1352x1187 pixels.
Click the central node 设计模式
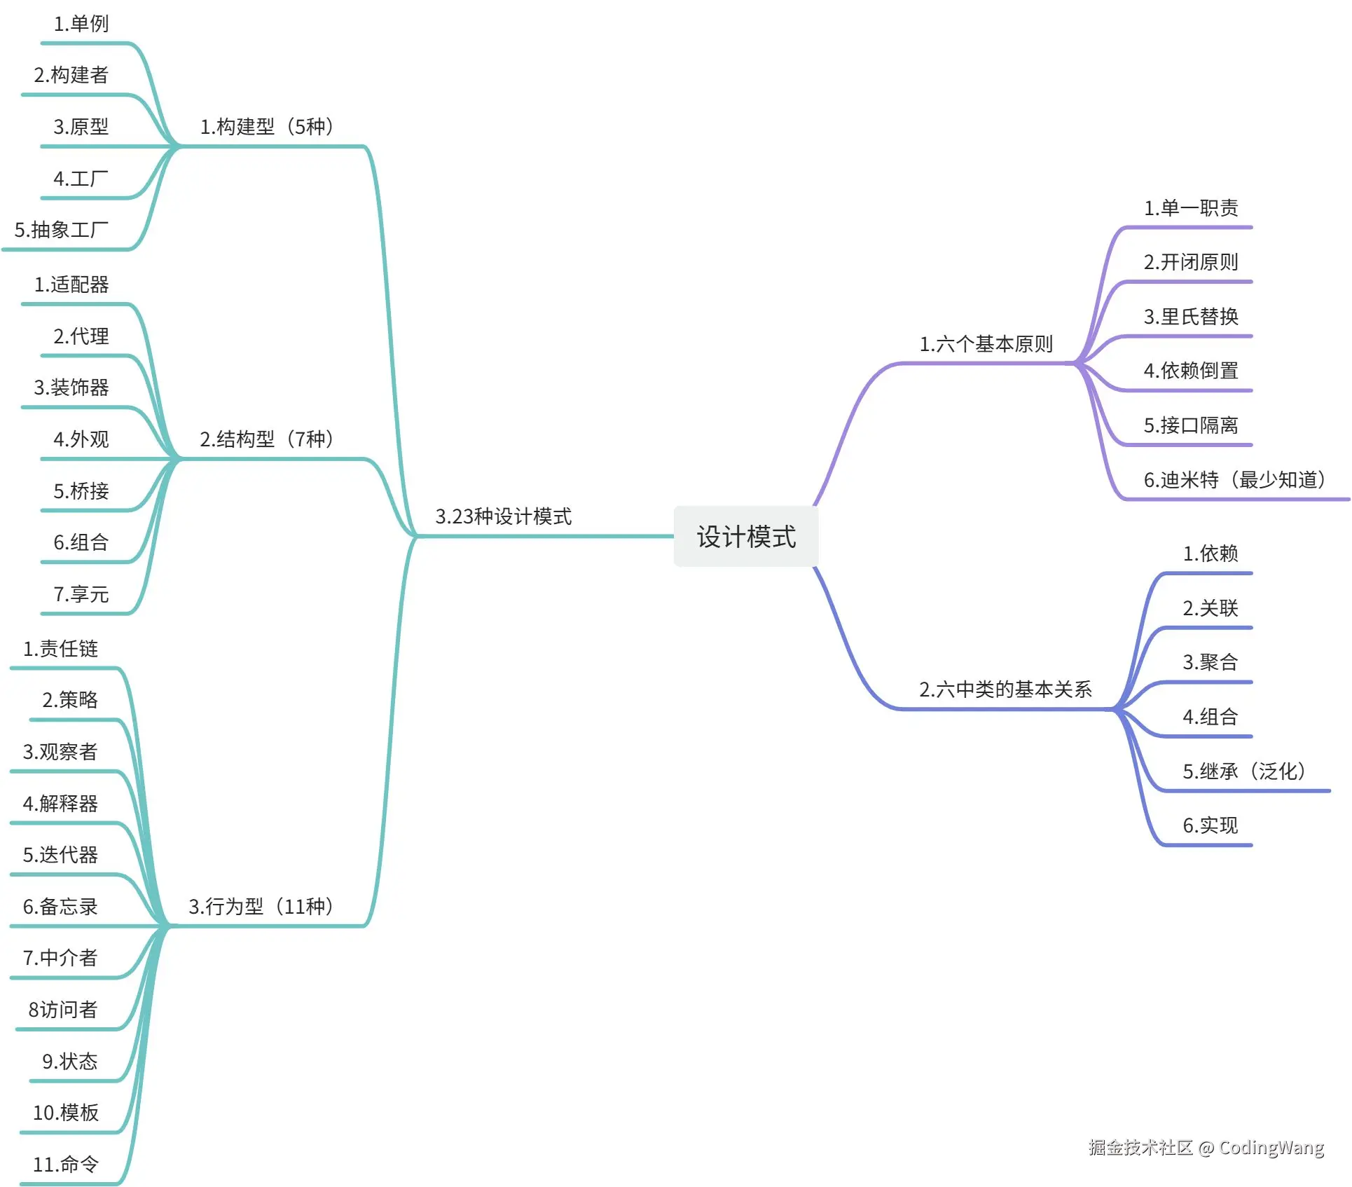(745, 537)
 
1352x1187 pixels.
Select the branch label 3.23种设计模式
(503, 516)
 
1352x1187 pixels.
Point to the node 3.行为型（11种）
(261, 907)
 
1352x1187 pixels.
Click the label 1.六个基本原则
(986, 344)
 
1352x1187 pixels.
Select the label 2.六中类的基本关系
(1005, 689)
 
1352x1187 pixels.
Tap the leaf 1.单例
(81, 24)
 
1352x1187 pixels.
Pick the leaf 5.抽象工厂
(62, 230)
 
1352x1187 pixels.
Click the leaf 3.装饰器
(71, 387)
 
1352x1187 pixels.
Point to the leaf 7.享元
(81, 594)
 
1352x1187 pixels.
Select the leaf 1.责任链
(60, 649)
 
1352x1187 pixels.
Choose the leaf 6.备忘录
(60, 907)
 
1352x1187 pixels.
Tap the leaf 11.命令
(66, 1165)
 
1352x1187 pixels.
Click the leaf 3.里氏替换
(1191, 317)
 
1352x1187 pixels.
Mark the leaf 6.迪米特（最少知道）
(1234, 480)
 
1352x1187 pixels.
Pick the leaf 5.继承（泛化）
(1244, 771)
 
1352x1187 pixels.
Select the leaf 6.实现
(1210, 825)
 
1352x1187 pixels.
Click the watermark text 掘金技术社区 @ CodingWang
(1206, 1147)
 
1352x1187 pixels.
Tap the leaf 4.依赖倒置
(1191, 371)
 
